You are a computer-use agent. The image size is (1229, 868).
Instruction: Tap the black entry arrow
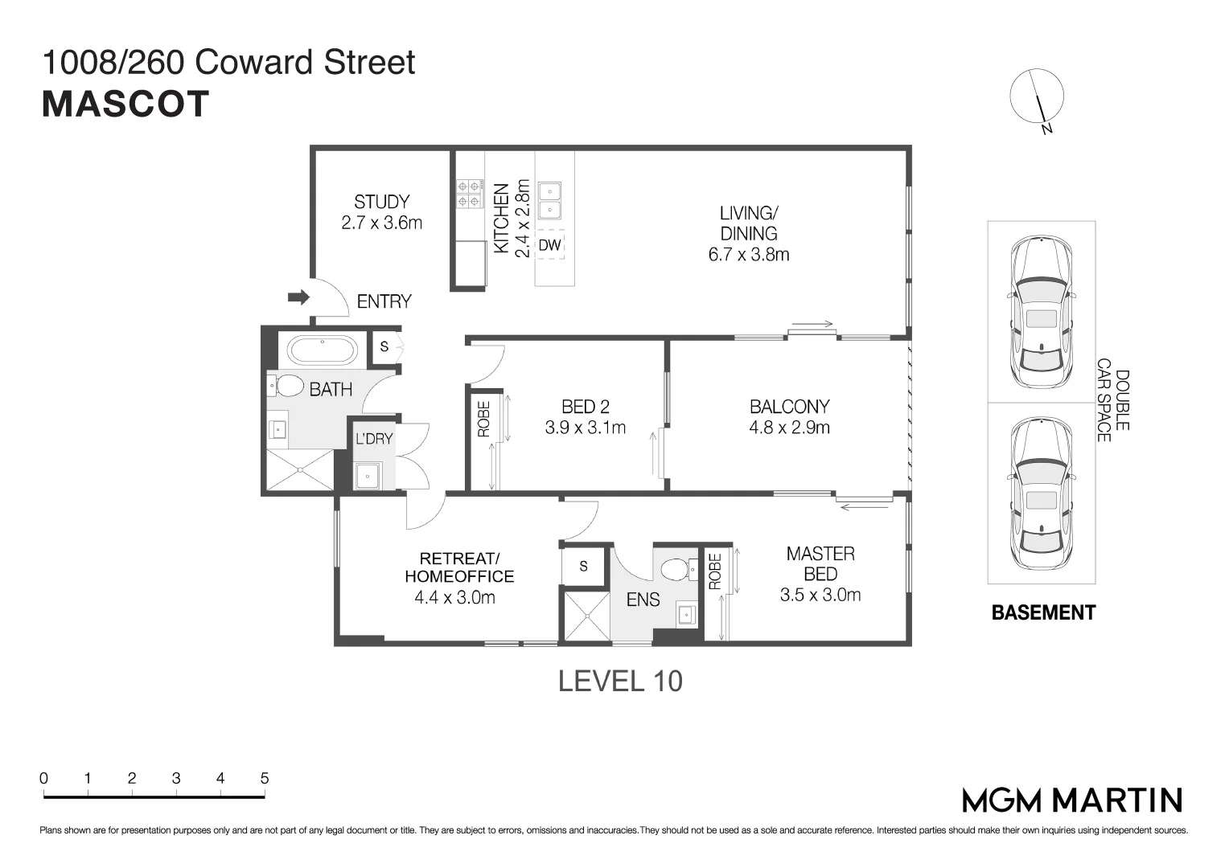[x=298, y=297]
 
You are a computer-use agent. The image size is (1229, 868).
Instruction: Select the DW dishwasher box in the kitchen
[x=550, y=245]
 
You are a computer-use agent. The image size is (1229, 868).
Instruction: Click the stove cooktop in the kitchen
[x=470, y=194]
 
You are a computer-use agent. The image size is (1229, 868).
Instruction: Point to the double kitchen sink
[x=551, y=200]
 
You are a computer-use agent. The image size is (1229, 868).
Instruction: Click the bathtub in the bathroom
[x=323, y=351]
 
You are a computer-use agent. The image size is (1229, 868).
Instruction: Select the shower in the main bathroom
[x=299, y=470]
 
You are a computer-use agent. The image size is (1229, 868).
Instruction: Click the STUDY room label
[x=381, y=202]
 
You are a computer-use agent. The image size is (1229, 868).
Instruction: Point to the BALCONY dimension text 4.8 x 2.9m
[x=789, y=428]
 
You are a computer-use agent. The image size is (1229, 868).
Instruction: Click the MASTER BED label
[x=820, y=563]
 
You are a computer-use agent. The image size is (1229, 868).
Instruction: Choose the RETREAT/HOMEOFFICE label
[x=459, y=567]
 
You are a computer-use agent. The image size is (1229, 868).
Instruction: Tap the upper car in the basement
[x=1041, y=312]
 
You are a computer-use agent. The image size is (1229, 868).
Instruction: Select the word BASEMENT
[x=1043, y=612]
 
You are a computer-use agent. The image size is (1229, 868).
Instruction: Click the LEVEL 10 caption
[x=620, y=682]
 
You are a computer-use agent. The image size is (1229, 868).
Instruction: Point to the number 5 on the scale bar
[x=265, y=778]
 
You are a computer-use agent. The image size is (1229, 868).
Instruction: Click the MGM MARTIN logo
[x=1072, y=800]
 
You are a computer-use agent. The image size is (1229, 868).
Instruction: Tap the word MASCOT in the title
[x=125, y=104]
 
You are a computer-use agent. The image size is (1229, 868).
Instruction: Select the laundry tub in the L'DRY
[x=368, y=476]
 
